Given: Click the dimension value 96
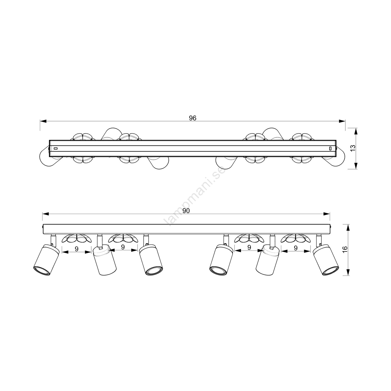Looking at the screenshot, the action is click(193, 118).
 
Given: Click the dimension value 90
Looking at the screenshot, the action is click(186, 211).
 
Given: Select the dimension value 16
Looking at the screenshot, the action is click(345, 249).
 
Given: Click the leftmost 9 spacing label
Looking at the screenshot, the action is click(77, 249).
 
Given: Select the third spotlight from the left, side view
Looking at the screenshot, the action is click(151, 260).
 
